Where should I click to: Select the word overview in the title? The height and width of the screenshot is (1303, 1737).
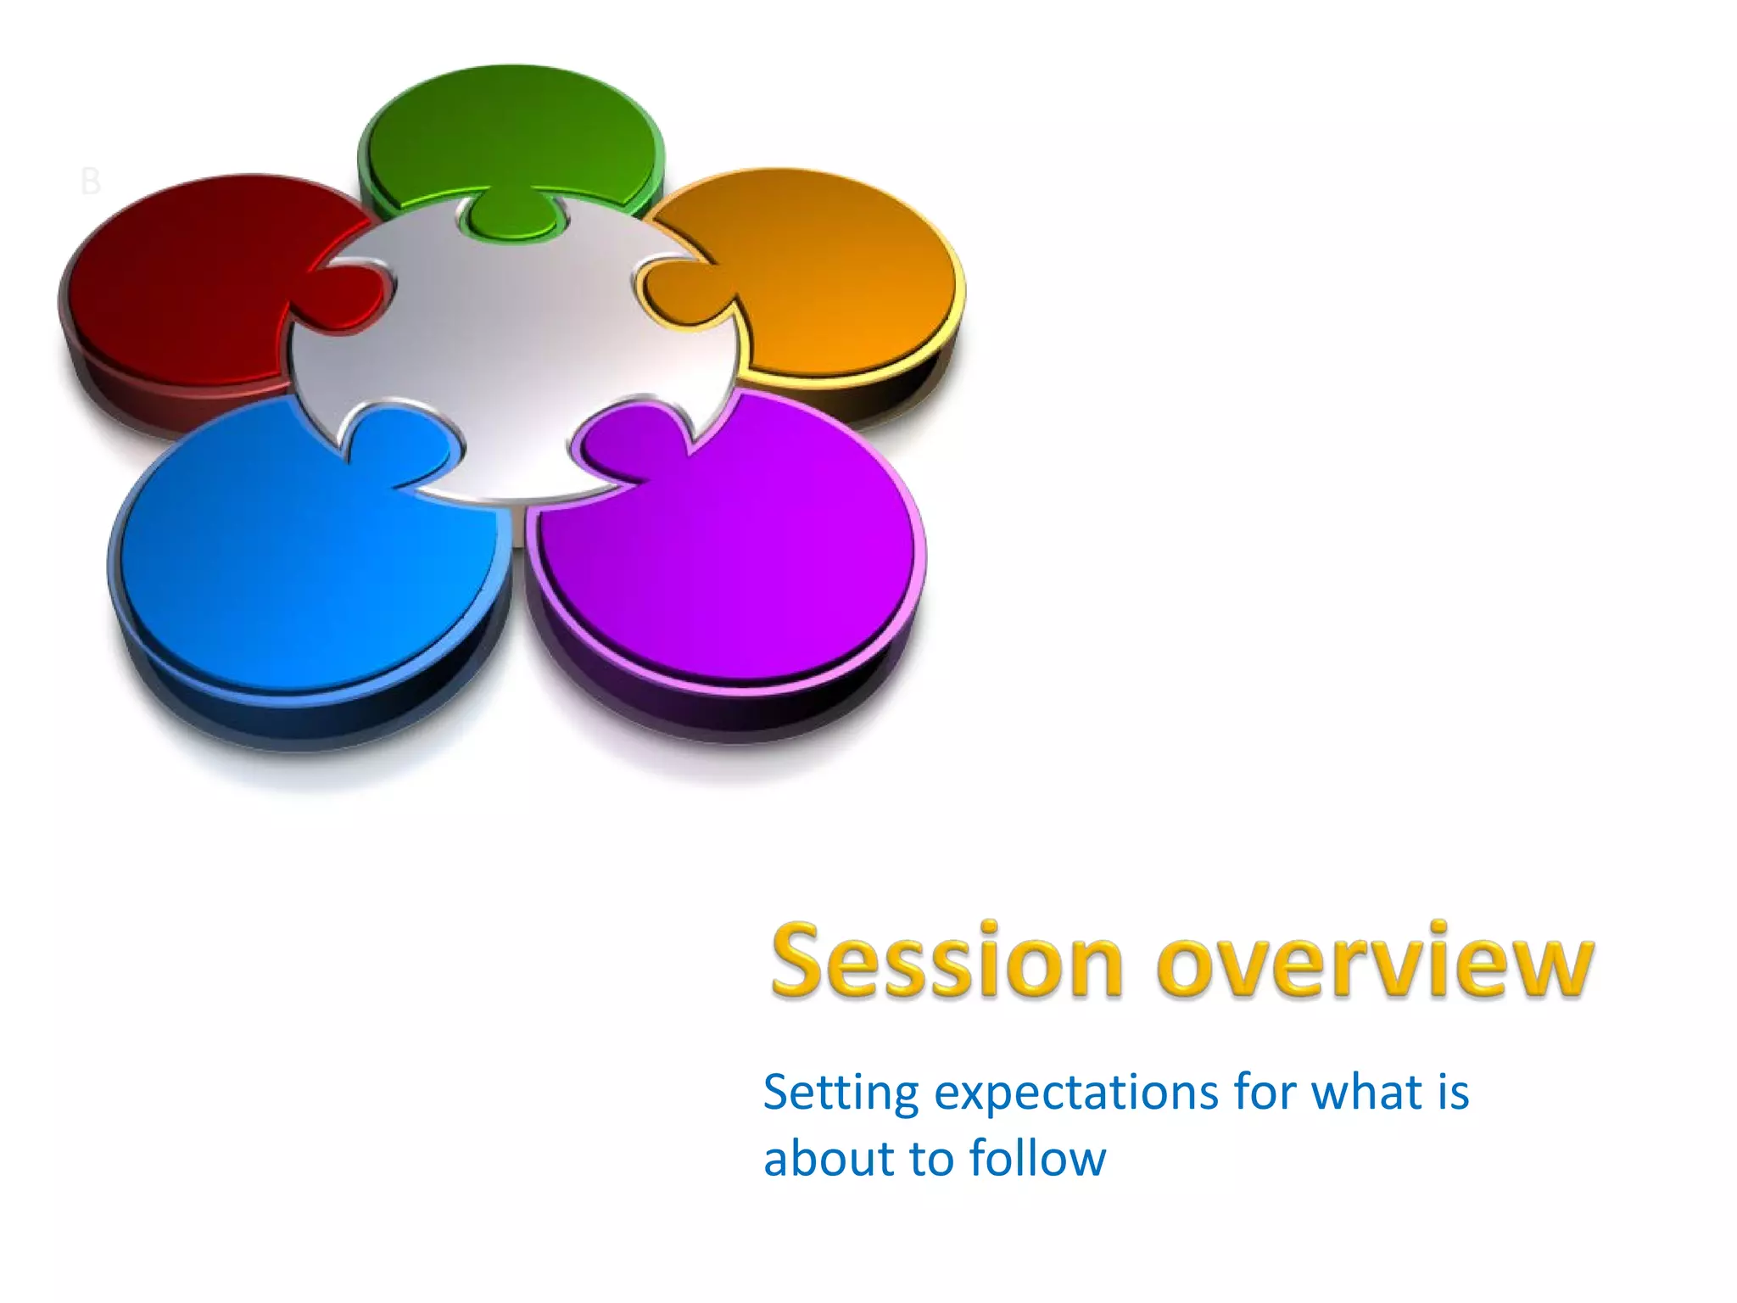[x=1374, y=963]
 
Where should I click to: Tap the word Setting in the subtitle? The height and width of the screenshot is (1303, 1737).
[x=841, y=1093]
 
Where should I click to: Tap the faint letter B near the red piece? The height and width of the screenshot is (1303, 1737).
[x=90, y=182]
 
